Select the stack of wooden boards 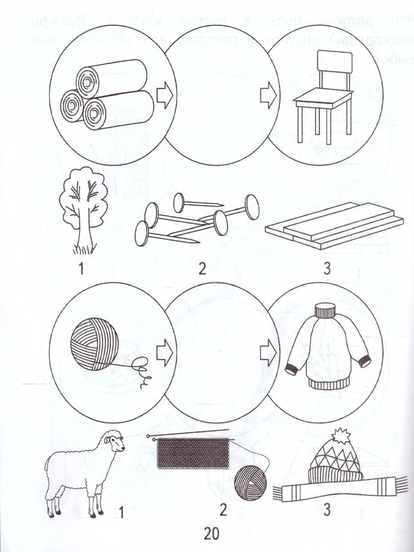pyautogui.click(x=335, y=225)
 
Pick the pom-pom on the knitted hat pyautogui.click(x=339, y=437)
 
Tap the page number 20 pyautogui.click(x=211, y=533)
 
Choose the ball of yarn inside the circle pyautogui.click(x=95, y=344)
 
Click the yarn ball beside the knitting pyautogui.click(x=250, y=482)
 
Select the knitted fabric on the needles pyautogui.click(x=193, y=453)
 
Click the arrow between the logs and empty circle pyautogui.click(x=164, y=95)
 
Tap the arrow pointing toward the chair pyautogui.click(x=269, y=95)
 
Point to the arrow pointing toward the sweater pyautogui.click(x=269, y=353)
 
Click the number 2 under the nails pyautogui.click(x=201, y=269)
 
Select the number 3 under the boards pyautogui.click(x=327, y=269)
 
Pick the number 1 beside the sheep pyautogui.click(x=121, y=513)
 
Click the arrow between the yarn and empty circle pyautogui.click(x=164, y=353)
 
